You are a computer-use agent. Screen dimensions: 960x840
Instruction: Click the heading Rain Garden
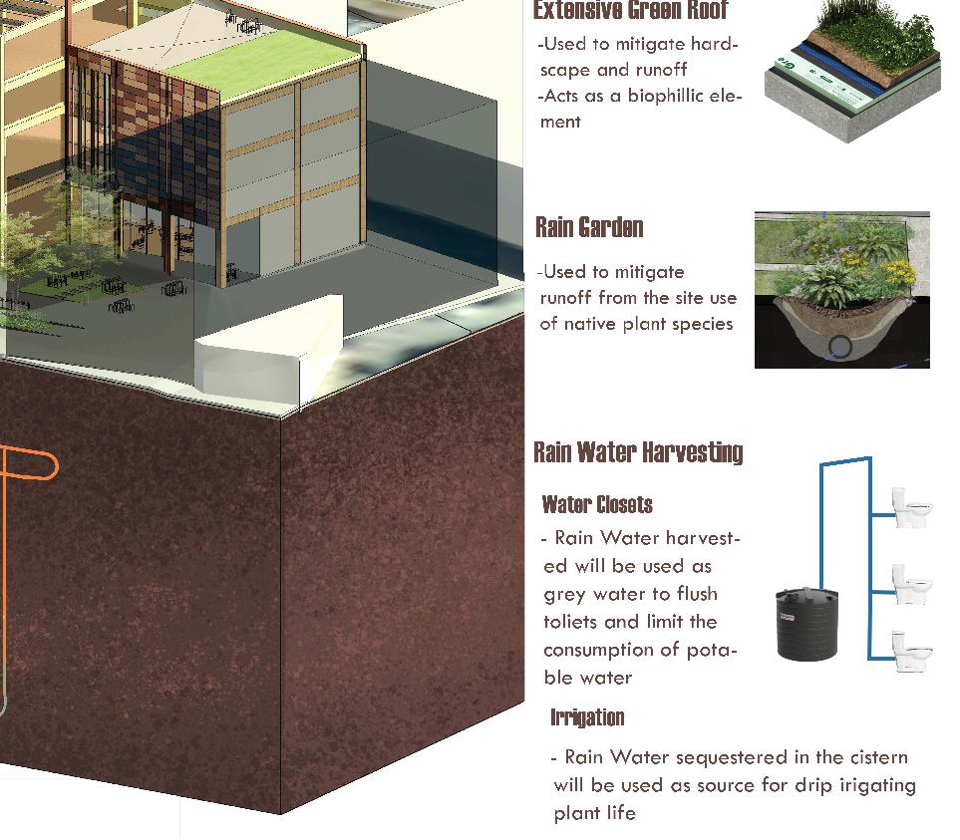coord(589,227)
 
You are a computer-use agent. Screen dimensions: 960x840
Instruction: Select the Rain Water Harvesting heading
coord(638,452)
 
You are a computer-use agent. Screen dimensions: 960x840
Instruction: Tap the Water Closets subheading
coord(597,504)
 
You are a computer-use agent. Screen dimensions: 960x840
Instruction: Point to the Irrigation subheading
coord(587,717)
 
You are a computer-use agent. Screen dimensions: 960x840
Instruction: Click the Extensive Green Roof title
coord(630,11)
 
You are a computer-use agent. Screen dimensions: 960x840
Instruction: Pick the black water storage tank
coord(806,624)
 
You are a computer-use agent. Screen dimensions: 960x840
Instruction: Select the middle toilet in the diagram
coord(911,584)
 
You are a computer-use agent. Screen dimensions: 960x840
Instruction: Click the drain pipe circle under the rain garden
coord(840,347)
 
